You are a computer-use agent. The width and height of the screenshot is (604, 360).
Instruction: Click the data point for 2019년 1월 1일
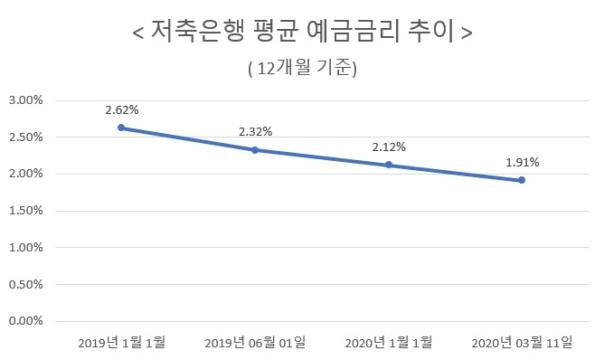click(121, 128)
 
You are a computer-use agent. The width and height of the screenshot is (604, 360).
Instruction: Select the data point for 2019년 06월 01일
click(255, 149)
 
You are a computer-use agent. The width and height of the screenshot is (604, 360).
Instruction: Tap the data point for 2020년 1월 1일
click(389, 165)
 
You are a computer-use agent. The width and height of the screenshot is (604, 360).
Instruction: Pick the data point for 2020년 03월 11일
click(522, 180)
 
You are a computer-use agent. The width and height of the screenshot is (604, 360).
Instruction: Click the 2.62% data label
click(121, 109)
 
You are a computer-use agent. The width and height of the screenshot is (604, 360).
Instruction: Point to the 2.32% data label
click(255, 131)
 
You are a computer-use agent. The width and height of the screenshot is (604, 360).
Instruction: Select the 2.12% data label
click(389, 147)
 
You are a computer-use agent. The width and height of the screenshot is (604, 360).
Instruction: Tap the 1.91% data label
click(523, 163)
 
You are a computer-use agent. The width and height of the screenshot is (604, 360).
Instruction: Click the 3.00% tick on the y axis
click(26, 100)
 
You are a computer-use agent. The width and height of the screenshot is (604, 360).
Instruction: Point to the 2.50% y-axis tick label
click(26, 137)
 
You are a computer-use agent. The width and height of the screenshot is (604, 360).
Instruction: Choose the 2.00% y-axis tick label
click(26, 174)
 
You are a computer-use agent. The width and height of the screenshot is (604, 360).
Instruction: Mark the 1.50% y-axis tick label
click(26, 211)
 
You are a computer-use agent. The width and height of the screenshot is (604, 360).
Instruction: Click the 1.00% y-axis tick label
click(26, 247)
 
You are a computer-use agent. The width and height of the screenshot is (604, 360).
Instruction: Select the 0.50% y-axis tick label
click(26, 284)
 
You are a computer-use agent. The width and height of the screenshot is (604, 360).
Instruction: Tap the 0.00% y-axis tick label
click(26, 321)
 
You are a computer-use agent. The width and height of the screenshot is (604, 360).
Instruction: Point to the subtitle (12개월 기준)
click(302, 68)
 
